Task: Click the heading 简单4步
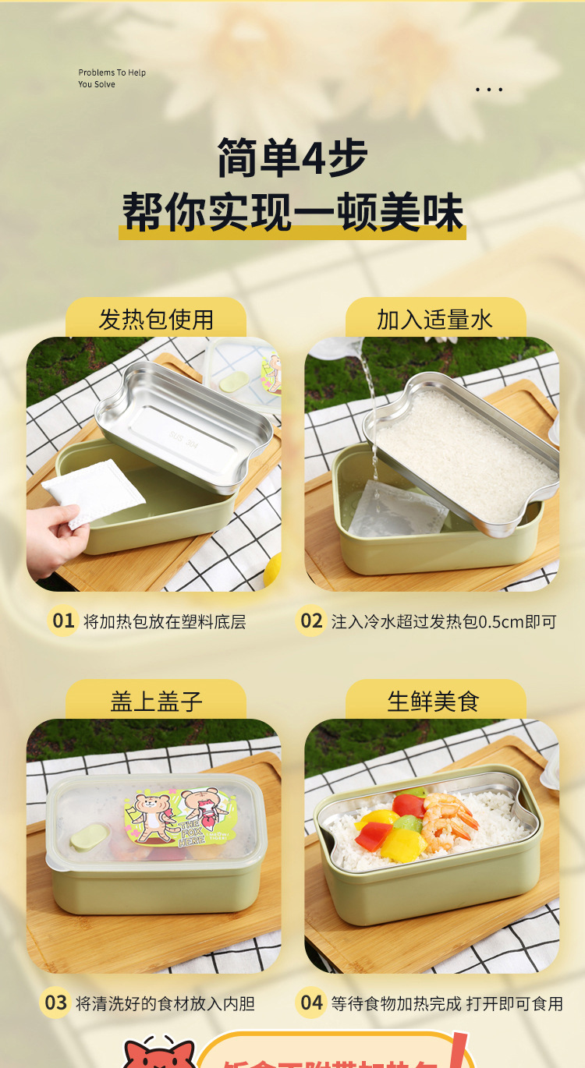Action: [292, 157]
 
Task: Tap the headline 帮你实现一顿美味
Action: [292, 212]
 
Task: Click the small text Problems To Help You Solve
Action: [112, 79]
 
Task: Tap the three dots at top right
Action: [489, 90]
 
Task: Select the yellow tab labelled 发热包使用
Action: [155, 319]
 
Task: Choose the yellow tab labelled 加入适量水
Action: [435, 319]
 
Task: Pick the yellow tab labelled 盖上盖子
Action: [155, 701]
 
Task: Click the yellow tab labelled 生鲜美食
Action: [435, 701]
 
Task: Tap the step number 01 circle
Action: [62, 621]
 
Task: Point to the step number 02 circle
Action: [311, 621]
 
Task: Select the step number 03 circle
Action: [55, 1003]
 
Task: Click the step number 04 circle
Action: [311, 1003]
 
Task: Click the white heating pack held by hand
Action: [94, 492]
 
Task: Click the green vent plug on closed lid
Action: [87, 839]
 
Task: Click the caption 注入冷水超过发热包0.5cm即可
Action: [444, 622]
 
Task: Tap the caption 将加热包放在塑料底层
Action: [165, 622]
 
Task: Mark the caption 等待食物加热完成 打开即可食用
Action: [447, 1003]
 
